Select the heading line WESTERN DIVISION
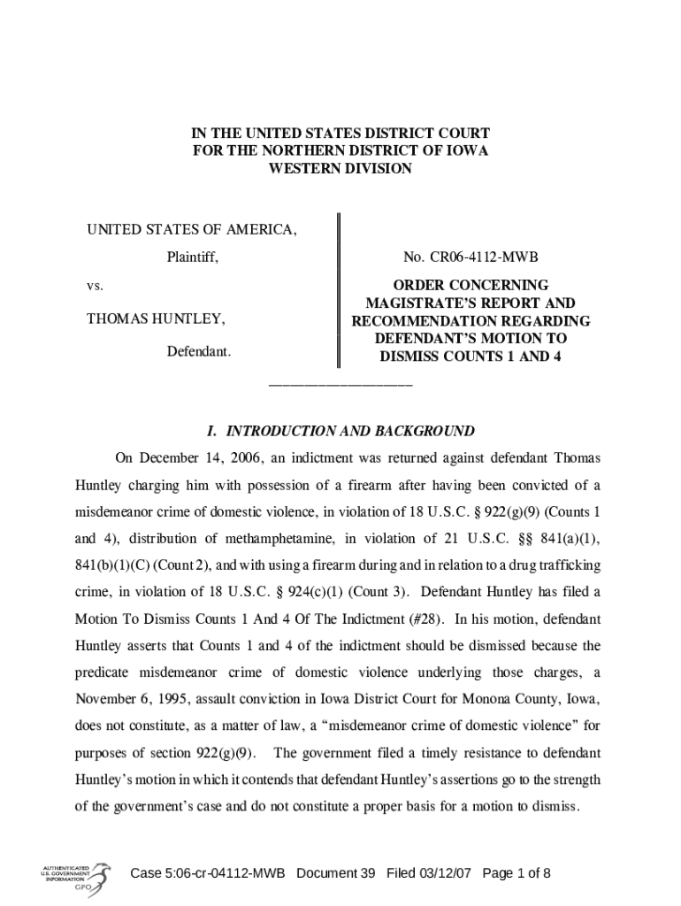[x=340, y=168]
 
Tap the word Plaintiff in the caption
[x=193, y=257]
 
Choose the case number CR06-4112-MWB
[x=471, y=257]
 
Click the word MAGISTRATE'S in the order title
[x=409, y=303]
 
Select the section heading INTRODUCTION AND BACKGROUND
[x=350, y=432]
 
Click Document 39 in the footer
[x=336, y=874]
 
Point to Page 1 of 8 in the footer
[x=516, y=874]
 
